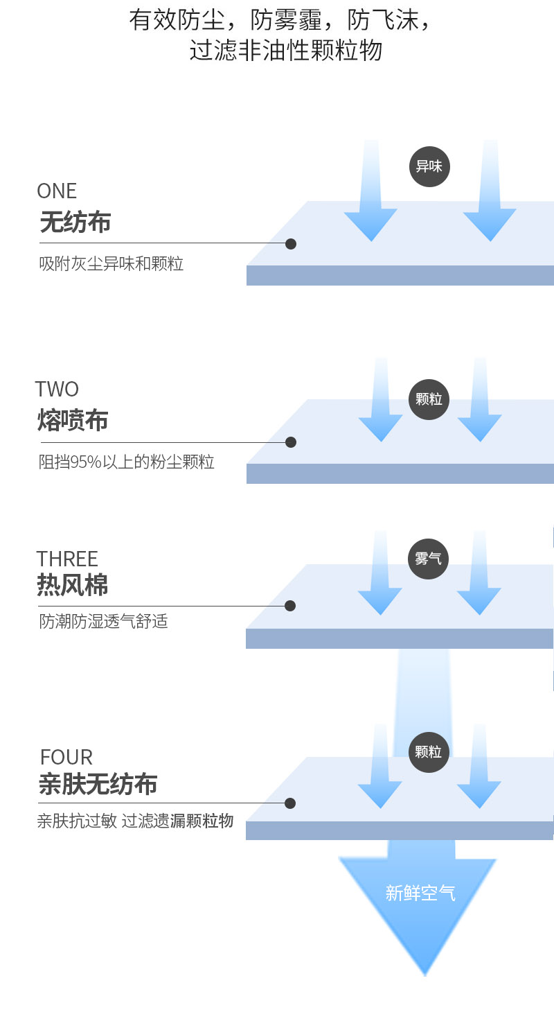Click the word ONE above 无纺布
(57, 191)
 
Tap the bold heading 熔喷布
(73, 421)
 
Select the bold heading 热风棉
(73, 585)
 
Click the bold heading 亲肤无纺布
(98, 784)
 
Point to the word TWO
(57, 389)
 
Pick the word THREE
(67, 559)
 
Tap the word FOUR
(66, 757)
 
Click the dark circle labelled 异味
(429, 166)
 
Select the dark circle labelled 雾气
(428, 559)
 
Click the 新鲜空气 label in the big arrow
(420, 893)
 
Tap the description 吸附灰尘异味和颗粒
(111, 264)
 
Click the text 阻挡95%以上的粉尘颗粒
(127, 462)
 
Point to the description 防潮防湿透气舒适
(104, 621)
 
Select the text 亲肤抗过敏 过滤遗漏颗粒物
(135, 821)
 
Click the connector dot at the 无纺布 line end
(291, 244)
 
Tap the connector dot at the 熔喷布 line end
(291, 442)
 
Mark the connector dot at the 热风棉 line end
(290, 606)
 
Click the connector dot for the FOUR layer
(290, 803)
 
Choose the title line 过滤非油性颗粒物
(285, 51)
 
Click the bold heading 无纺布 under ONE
(75, 222)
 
